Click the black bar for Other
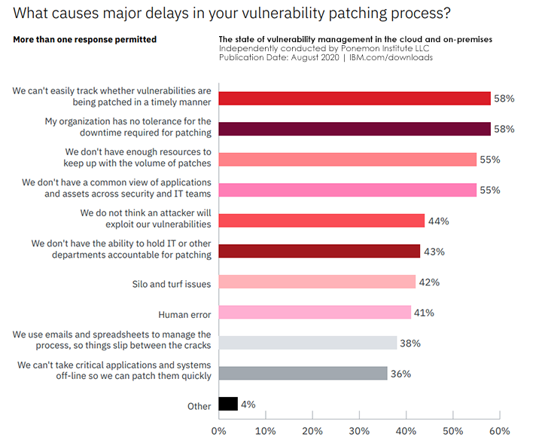tap(228, 404)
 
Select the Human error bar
tap(315, 312)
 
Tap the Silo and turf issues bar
tap(317, 282)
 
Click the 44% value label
tap(438, 221)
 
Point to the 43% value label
tap(434, 251)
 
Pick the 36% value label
tap(401, 374)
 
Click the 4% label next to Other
tap(248, 405)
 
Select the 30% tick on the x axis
tap(359, 431)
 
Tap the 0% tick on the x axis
tap(219, 431)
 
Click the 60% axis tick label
tap(500, 431)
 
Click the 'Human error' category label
tap(184, 314)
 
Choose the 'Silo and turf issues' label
tap(172, 283)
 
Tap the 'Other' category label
tap(199, 406)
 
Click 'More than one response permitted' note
tap(84, 39)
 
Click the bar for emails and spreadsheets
tap(307, 343)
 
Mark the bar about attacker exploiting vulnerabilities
tap(321, 220)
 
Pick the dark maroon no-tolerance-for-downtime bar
tap(355, 128)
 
